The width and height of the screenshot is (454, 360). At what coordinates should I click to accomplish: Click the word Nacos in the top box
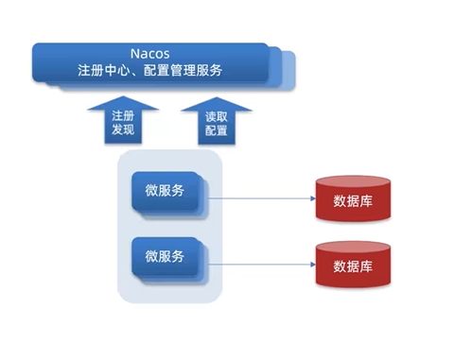148,52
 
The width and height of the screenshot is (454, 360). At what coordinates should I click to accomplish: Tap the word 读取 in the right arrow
217,116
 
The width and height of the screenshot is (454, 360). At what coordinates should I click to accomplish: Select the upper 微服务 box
165,192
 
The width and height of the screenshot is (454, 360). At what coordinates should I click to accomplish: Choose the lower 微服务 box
165,257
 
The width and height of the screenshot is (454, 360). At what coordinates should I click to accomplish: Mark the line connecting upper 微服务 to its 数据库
260,199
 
